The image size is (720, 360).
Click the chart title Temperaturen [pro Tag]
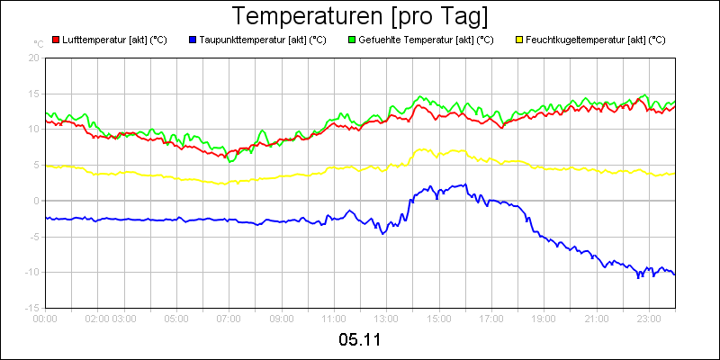(x=360, y=16)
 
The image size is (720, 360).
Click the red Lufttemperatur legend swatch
(x=56, y=40)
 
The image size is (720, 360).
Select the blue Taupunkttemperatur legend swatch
(x=193, y=40)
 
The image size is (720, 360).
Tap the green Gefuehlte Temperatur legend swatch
(x=352, y=40)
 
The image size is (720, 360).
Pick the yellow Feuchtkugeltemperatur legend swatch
(x=519, y=40)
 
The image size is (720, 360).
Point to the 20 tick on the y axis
(x=33, y=57)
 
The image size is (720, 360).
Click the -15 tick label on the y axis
(x=31, y=308)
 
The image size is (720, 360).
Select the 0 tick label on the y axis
(x=36, y=201)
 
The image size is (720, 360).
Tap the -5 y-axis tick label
(x=33, y=237)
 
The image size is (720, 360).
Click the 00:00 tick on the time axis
(x=45, y=318)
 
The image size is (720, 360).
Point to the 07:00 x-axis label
(x=229, y=318)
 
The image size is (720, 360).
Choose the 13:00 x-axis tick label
(x=386, y=318)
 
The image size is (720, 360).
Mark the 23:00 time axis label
(x=648, y=318)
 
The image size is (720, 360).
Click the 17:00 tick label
(x=491, y=318)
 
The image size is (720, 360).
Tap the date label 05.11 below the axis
(x=360, y=340)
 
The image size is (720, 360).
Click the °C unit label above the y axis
(x=38, y=44)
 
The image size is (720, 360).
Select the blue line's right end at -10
(x=674, y=273)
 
